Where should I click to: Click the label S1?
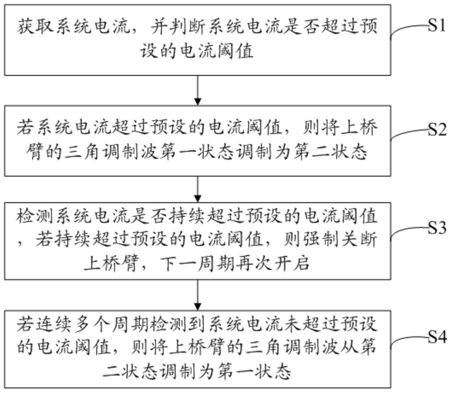pyautogui.click(x=437, y=26)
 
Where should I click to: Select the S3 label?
pyautogui.click(x=437, y=228)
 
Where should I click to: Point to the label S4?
pyautogui.click(x=437, y=337)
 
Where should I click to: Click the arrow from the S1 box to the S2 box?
pyautogui.click(x=198, y=90)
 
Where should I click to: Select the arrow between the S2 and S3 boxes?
pyautogui.click(x=198, y=189)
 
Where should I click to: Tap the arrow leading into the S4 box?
pyautogui.click(x=198, y=295)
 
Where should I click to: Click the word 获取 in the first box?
pyautogui.click(x=36, y=27)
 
